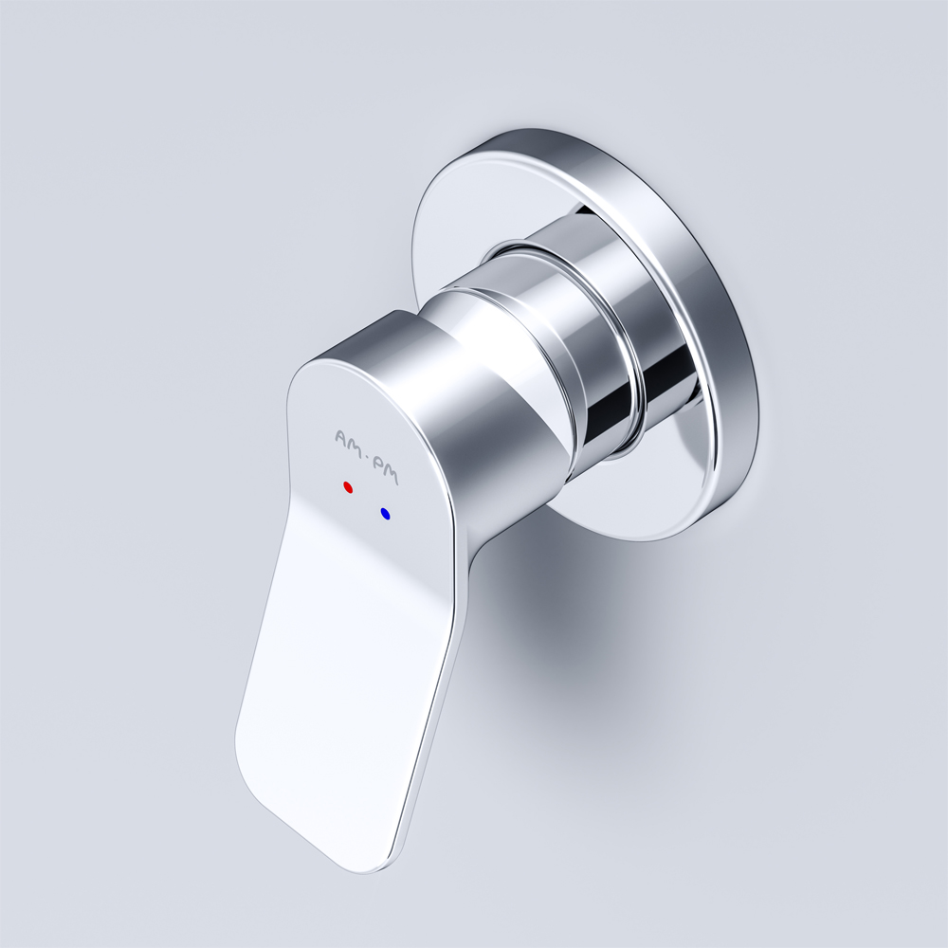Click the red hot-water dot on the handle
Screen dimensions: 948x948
click(x=348, y=487)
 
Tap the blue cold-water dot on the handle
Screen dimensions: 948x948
click(x=385, y=514)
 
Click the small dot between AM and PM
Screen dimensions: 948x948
click(x=366, y=458)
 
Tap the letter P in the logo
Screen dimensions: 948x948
click(x=377, y=465)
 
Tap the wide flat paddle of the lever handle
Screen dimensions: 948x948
click(x=341, y=683)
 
